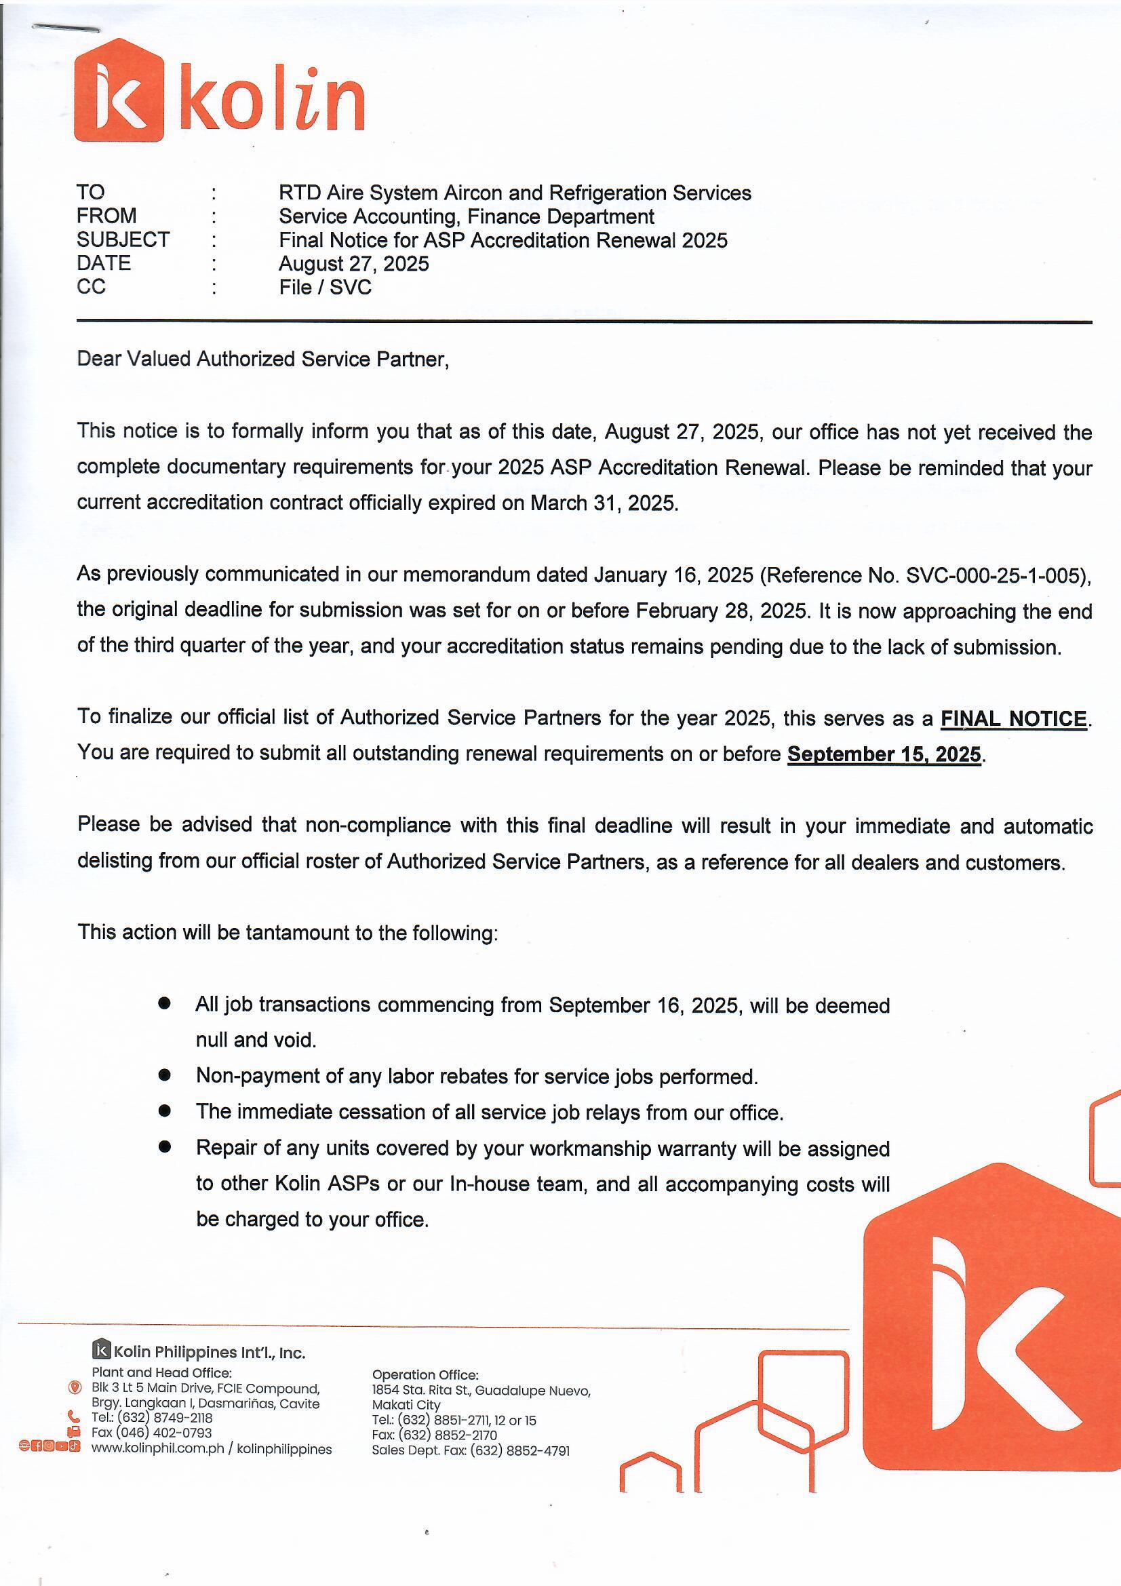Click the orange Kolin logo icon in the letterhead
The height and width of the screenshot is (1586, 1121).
(x=119, y=90)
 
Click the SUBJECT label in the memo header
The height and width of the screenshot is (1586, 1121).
(x=123, y=239)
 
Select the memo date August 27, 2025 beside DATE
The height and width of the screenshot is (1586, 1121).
(x=353, y=264)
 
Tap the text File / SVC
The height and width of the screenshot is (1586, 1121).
(x=326, y=288)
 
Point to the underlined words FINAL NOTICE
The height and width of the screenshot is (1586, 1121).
(x=1013, y=719)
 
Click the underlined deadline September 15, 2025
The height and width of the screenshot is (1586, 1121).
(x=884, y=754)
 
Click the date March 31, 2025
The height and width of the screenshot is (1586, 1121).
(x=604, y=503)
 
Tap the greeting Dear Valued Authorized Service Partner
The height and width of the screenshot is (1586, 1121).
(x=262, y=360)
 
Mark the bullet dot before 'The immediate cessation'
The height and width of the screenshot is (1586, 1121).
(x=164, y=1110)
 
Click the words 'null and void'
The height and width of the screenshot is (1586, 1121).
(x=256, y=1041)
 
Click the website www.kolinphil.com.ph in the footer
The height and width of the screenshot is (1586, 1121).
(x=157, y=1448)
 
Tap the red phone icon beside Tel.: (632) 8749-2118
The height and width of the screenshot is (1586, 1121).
(x=75, y=1418)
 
